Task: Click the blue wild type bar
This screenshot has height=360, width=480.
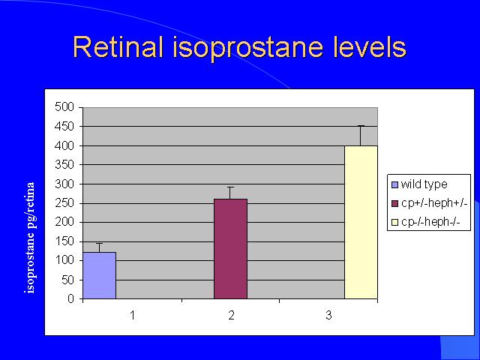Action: (x=100, y=275)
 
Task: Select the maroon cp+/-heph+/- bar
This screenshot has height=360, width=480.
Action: (x=230, y=248)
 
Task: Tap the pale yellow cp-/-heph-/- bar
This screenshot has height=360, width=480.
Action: (x=361, y=222)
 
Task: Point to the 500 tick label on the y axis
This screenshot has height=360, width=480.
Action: (x=64, y=107)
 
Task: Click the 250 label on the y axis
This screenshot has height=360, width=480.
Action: (x=64, y=203)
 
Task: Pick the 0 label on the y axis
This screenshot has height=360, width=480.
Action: (x=71, y=298)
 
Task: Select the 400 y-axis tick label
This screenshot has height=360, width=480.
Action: (x=64, y=145)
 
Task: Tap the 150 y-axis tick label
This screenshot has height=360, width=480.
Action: (x=64, y=241)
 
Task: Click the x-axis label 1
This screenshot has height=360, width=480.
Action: (x=132, y=315)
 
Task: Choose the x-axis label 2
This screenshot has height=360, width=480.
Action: (x=231, y=315)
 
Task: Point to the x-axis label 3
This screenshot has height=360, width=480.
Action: (x=328, y=315)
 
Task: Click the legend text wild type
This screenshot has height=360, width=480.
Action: (x=424, y=184)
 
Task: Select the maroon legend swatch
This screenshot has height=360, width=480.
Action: (x=395, y=203)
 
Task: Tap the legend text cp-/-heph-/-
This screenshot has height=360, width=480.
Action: (x=430, y=222)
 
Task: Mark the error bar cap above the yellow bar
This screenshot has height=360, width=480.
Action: (x=361, y=126)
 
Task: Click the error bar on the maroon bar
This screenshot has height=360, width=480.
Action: (x=230, y=193)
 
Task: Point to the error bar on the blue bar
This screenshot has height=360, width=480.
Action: (x=100, y=247)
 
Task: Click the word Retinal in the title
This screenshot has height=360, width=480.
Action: (x=118, y=46)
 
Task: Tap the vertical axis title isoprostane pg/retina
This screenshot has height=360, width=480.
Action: (x=30, y=238)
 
